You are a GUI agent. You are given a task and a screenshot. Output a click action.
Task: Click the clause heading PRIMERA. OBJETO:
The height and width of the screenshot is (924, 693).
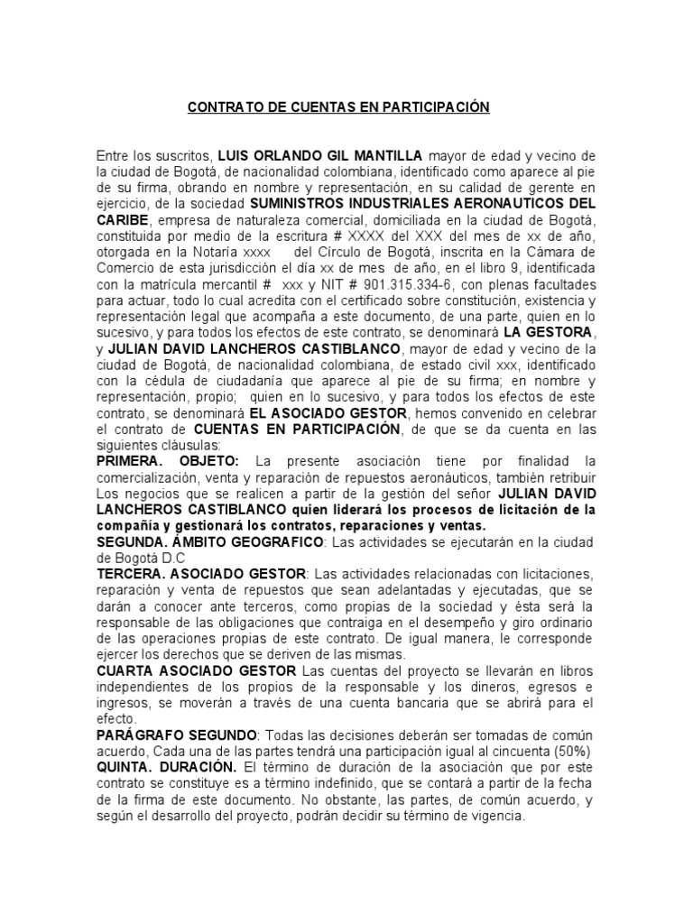coord(168,461)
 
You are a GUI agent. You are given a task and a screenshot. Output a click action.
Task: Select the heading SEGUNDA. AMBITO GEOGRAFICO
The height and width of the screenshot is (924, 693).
coord(209,541)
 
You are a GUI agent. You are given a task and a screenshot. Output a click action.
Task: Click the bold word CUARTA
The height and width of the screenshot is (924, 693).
coord(127,670)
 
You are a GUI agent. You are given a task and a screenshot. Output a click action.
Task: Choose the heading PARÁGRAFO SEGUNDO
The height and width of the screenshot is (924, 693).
coord(177,735)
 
